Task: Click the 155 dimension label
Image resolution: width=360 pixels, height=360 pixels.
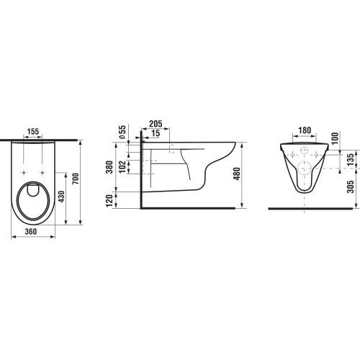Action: (33, 132)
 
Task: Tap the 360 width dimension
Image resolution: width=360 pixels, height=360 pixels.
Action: (31, 232)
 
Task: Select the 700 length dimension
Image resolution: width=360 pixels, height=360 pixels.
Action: (76, 179)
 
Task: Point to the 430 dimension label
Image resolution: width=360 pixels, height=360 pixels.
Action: (62, 197)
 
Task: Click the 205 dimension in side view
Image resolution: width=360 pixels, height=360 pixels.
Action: (156, 124)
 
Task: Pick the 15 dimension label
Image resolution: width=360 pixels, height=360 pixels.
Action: (156, 133)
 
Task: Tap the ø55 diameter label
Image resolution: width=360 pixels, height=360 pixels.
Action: (122, 132)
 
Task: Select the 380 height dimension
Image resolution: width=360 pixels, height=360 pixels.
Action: (109, 167)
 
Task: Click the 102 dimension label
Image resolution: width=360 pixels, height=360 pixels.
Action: (122, 166)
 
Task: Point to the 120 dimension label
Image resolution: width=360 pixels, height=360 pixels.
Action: (109, 201)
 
